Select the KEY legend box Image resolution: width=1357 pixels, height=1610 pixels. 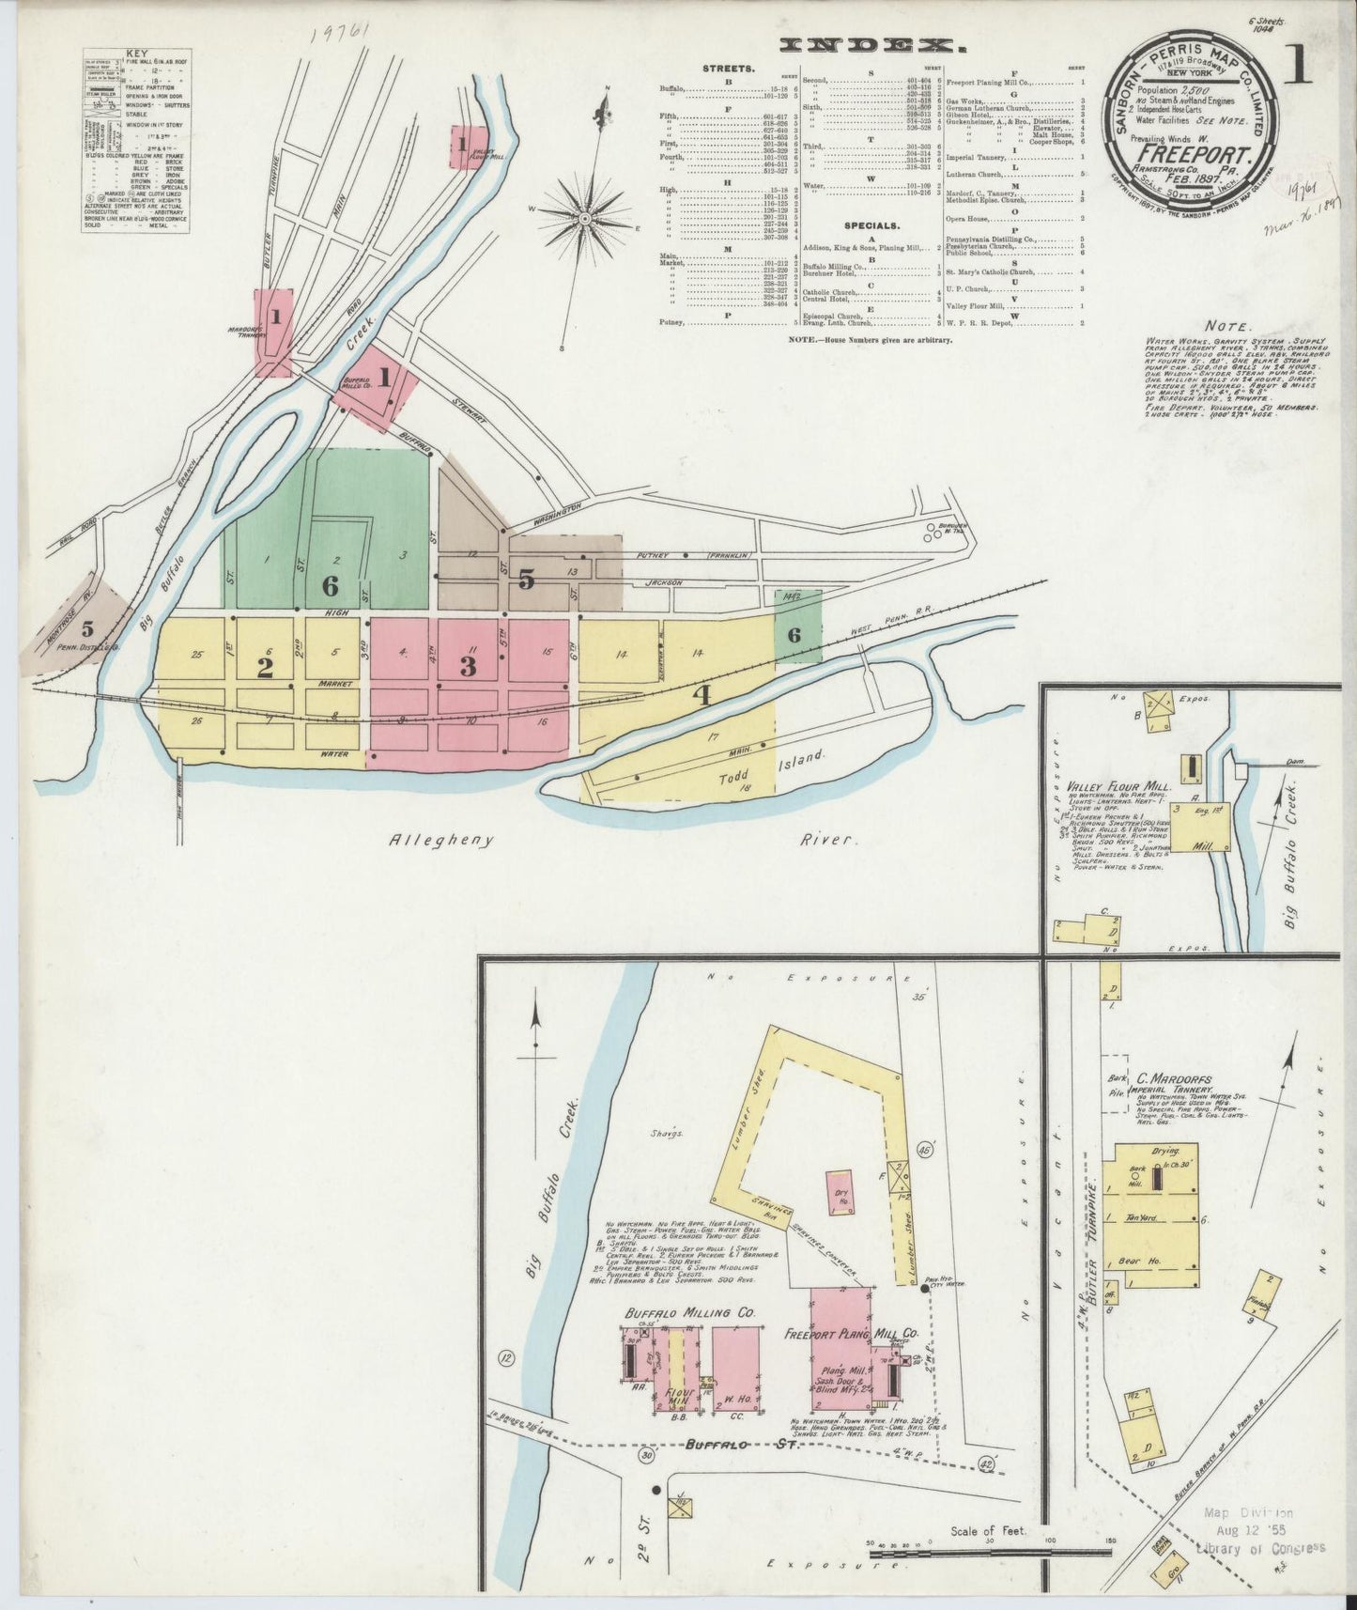click(137, 141)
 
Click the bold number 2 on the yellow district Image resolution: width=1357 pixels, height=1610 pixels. click(266, 668)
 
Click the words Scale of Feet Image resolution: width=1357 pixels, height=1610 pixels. click(989, 1531)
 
